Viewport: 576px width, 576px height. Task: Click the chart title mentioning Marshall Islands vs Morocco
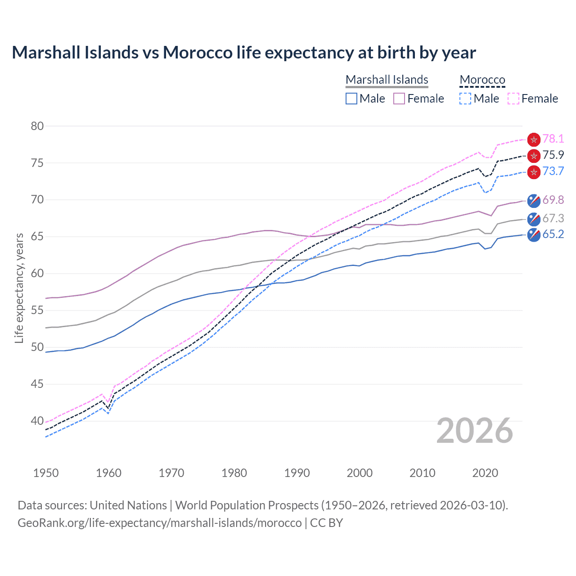tap(243, 53)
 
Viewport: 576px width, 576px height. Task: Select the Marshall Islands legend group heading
tap(387, 80)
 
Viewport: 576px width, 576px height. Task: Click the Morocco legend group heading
tap(482, 80)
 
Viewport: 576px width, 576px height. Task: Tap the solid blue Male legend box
tap(351, 99)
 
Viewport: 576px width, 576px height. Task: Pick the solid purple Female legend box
tap(399, 99)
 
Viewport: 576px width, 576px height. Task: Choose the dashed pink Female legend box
tap(513, 99)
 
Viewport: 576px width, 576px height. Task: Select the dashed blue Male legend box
tap(465, 99)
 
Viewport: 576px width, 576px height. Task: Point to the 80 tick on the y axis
tap(37, 126)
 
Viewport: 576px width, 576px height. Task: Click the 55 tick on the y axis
tap(37, 310)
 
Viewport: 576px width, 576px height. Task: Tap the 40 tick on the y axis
tap(37, 421)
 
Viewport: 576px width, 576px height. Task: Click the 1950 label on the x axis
tap(46, 473)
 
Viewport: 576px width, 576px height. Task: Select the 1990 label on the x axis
tap(297, 473)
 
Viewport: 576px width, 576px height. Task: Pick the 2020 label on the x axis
tap(485, 473)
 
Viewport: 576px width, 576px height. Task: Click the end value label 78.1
tap(553, 139)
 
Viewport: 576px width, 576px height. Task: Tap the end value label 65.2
tap(553, 234)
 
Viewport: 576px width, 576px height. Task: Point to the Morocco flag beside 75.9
tap(534, 156)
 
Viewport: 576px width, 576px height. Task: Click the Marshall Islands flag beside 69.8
tap(534, 200)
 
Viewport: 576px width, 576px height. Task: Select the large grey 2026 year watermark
tap(474, 431)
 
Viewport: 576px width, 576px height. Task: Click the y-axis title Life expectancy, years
tap(19, 288)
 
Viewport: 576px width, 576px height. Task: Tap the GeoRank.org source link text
tap(160, 523)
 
